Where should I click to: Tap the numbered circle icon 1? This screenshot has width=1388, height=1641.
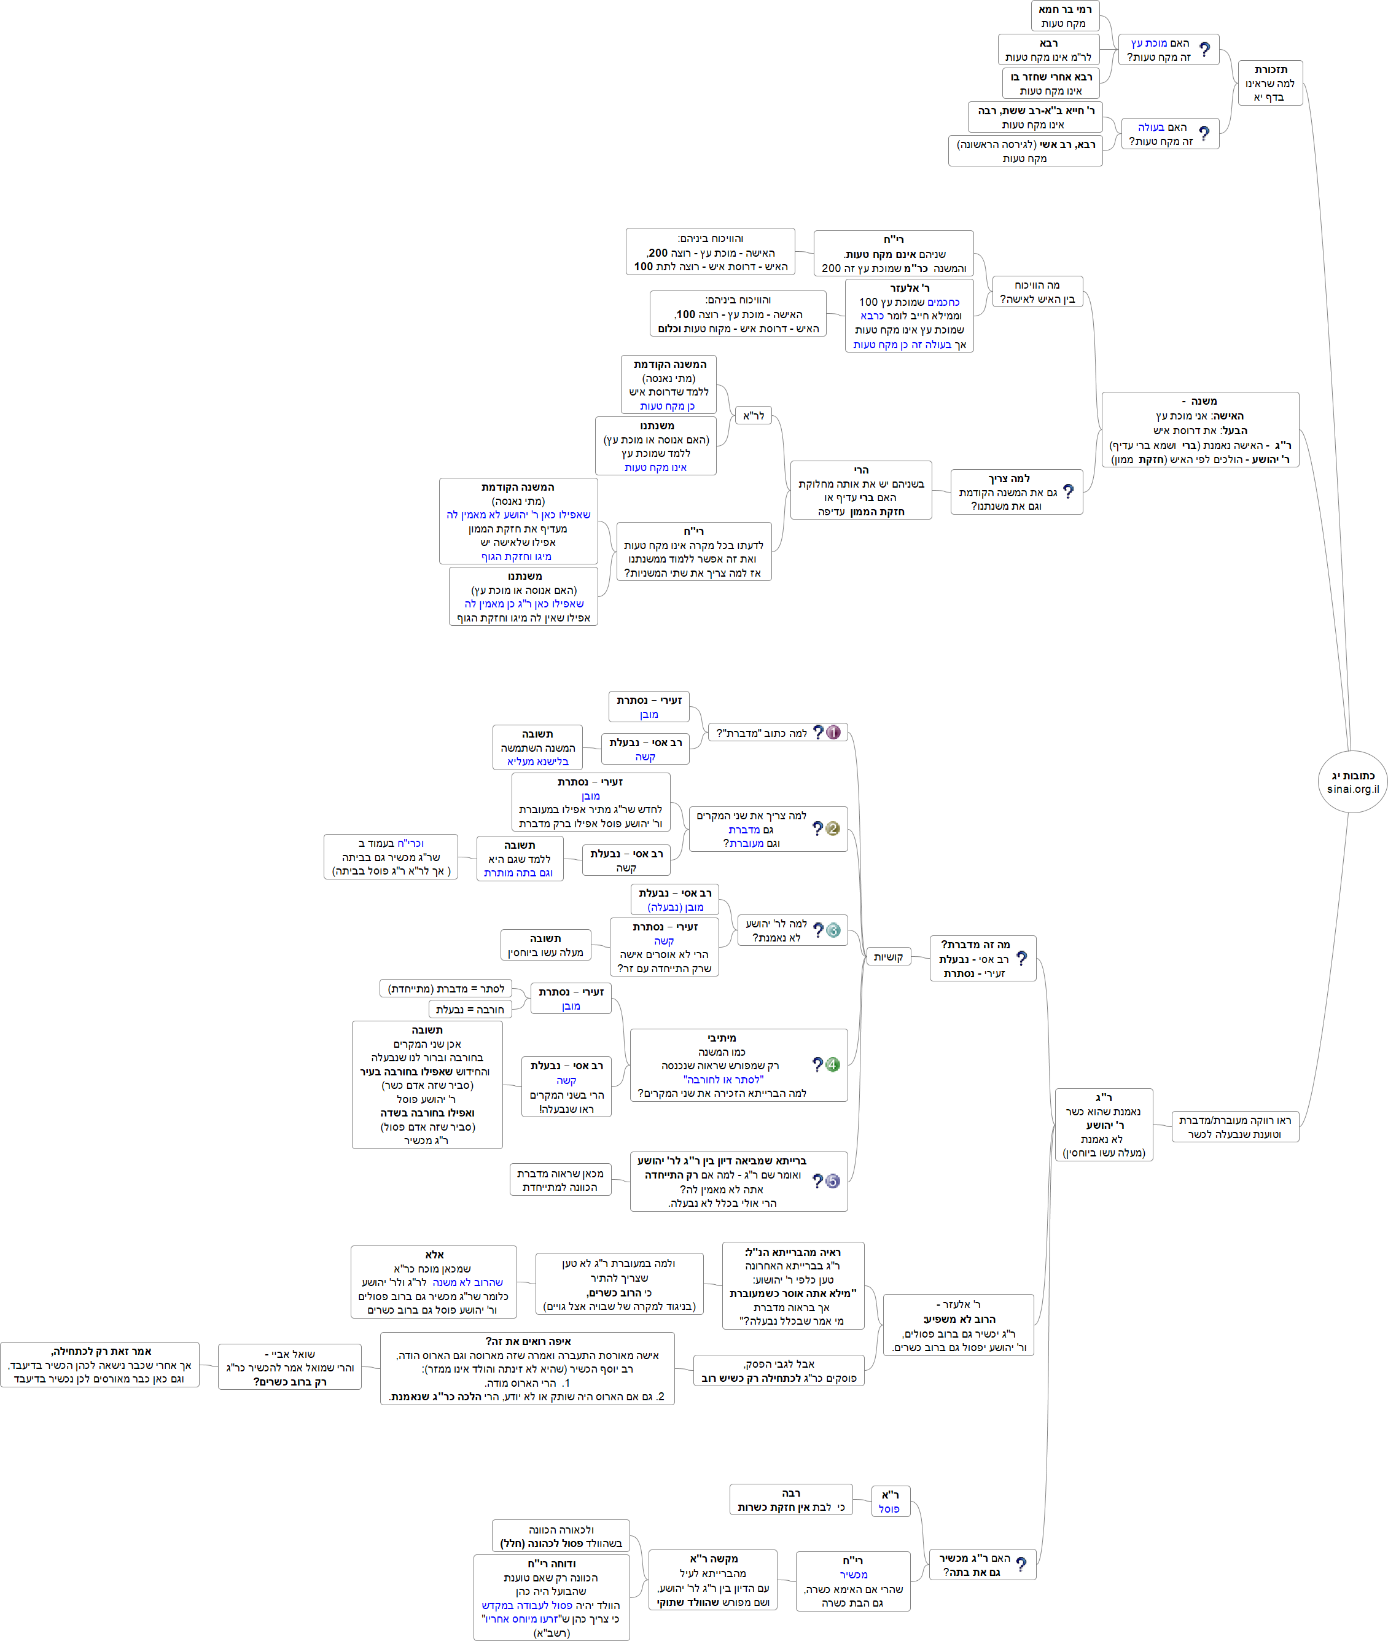[x=833, y=733]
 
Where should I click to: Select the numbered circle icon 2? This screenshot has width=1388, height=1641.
[x=832, y=828]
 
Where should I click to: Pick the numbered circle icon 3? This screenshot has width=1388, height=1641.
[x=833, y=930]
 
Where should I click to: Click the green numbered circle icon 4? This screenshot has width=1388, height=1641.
[x=832, y=1064]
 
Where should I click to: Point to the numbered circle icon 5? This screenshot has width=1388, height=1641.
[x=832, y=1181]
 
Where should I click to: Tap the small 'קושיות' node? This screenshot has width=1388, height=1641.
[x=887, y=957]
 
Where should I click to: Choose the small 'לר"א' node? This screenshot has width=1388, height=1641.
[x=753, y=415]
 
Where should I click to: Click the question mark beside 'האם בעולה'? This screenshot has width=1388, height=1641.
[x=1204, y=134]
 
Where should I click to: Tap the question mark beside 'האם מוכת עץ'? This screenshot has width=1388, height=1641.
[x=1204, y=50]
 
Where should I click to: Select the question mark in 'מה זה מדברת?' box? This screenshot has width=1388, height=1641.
[x=1021, y=958]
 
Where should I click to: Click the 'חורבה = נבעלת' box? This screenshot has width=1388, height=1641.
[x=470, y=1009]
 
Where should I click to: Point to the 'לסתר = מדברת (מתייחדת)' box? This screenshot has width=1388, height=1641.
[x=445, y=988]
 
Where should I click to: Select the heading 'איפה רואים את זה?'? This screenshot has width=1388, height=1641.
[x=527, y=1341]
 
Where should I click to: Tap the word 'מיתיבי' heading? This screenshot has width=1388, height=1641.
[x=722, y=1038]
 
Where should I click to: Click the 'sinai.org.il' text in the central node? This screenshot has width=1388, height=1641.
[x=1352, y=789]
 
